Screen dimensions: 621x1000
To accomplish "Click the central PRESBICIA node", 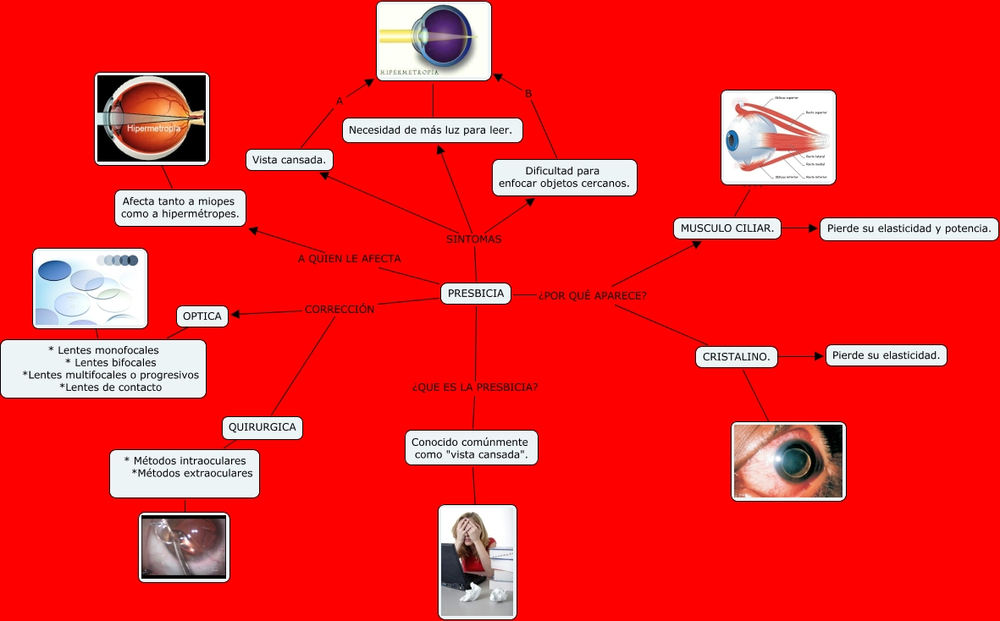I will [x=476, y=294].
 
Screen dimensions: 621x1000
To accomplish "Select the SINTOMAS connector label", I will [x=474, y=239].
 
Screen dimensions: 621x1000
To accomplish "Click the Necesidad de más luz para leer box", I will [x=433, y=130].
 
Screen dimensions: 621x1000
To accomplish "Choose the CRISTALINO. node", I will [x=736, y=357].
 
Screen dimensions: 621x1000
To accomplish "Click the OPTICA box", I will [x=202, y=316].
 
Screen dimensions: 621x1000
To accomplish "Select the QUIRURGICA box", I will [x=262, y=427].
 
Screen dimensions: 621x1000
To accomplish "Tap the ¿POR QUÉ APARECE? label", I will [x=593, y=295].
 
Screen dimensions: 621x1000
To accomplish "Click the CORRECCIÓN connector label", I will [x=339, y=310].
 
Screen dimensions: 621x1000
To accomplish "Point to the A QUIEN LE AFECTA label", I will [x=350, y=258].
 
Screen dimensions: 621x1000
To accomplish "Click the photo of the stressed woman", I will [x=478, y=562].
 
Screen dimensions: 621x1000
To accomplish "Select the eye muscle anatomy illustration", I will [x=778, y=137].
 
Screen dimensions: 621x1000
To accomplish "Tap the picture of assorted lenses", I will [x=90, y=288].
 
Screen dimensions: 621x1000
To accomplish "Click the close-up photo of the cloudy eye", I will [x=788, y=461].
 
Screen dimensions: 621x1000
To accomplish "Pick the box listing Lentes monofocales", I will [x=103, y=368].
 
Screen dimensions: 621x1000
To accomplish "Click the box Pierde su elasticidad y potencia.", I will [x=909, y=228].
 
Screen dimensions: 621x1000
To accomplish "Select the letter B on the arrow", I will [x=528, y=94].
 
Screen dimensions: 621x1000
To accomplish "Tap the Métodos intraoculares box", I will [x=185, y=473].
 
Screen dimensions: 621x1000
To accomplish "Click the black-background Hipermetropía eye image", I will [x=152, y=118].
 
